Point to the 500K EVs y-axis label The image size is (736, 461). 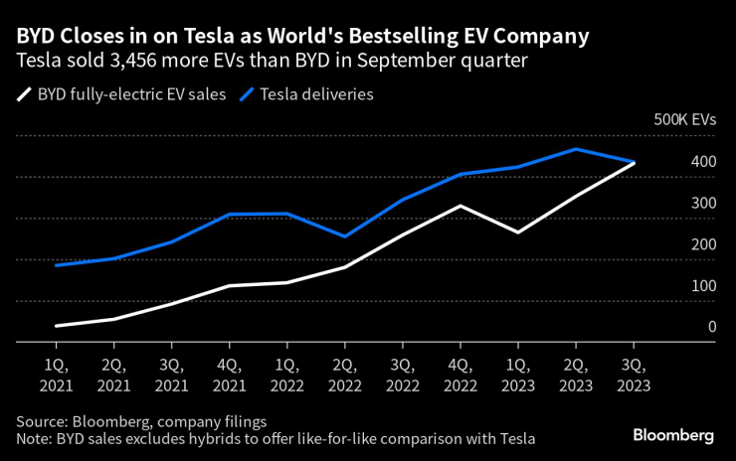tap(684, 119)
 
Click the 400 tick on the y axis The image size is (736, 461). tap(703, 161)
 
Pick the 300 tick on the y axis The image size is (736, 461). tap(703, 203)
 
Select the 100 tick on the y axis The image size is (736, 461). tap(703, 286)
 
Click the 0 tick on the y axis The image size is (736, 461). tap(711, 327)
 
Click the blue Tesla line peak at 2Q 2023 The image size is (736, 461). tap(575, 149)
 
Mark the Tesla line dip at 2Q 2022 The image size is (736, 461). tap(344, 236)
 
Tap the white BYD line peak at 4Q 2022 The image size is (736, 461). tap(460, 206)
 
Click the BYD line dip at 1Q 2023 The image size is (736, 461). tap(517, 231)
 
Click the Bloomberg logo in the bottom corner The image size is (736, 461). tap(673, 435)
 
